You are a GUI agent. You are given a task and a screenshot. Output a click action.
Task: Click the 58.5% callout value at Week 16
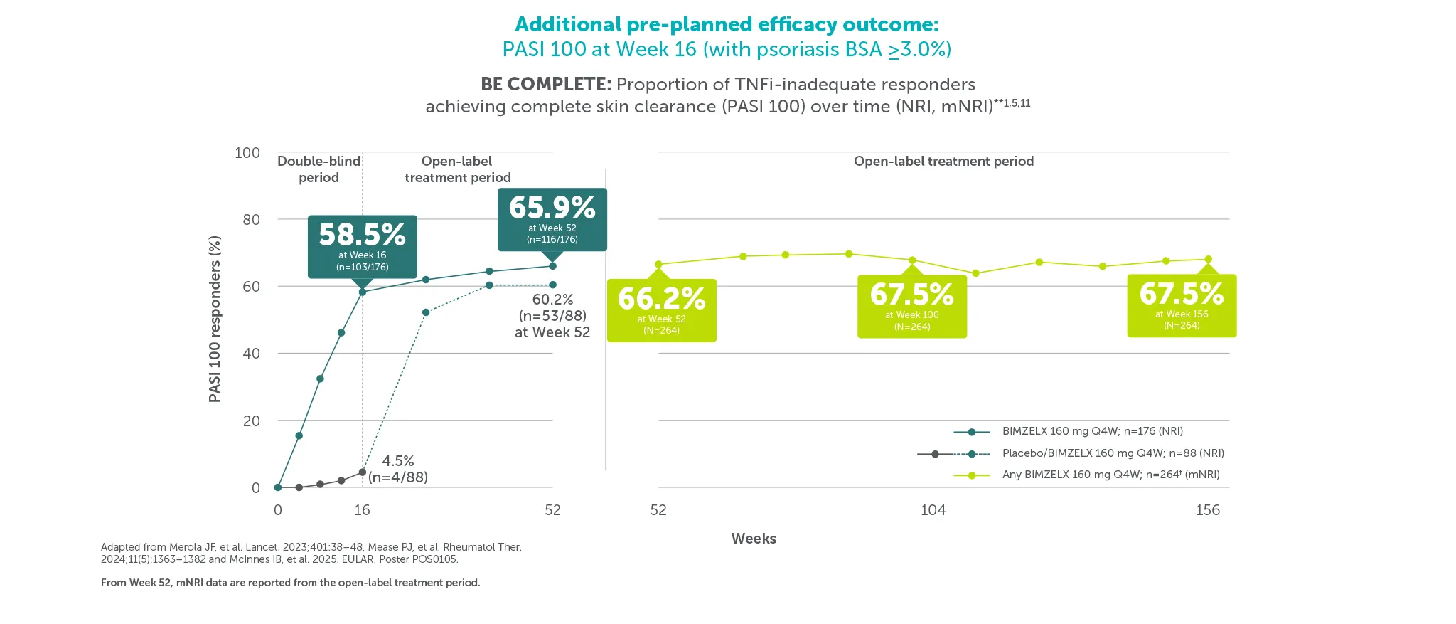(362, 235)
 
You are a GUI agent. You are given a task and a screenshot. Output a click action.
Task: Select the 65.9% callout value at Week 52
(552, 208)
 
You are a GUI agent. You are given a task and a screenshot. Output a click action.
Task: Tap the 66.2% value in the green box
(661, 299)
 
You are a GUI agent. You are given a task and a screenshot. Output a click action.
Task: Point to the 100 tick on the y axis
(247, 153)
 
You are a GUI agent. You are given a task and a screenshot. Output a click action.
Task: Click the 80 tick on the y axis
(251, 220)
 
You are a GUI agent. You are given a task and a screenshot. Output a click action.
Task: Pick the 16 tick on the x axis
(362, 510)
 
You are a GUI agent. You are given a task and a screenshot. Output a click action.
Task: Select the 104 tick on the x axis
(933, 510)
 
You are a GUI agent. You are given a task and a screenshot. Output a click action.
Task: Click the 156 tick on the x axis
(1207, 510)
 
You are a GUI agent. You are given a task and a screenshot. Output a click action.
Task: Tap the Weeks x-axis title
(754, 539)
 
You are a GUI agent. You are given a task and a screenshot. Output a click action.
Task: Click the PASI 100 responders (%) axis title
(215, 319)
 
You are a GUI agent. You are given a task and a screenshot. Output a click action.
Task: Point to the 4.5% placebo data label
(398, 461)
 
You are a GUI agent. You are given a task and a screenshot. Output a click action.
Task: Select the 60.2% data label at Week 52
(552, 300)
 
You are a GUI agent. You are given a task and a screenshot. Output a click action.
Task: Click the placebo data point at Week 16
(363, 472)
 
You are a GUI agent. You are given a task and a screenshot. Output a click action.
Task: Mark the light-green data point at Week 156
(1208, 260)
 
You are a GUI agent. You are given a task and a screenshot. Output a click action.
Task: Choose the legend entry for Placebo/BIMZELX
(1113, 453)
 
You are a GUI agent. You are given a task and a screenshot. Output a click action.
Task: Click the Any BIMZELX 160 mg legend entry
(1110, 475)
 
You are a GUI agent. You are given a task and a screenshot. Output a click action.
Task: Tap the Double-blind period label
(318, 169)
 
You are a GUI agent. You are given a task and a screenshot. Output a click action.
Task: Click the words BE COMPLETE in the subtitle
(545, 84)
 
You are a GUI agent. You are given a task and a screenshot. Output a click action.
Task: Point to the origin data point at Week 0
(278, 487)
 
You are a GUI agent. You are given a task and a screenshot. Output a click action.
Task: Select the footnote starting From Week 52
(290, 583)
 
